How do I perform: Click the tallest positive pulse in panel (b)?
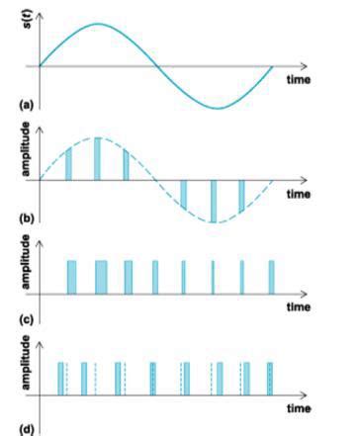(x=98, y=159)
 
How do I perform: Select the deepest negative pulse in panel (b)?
(x=214, y=201)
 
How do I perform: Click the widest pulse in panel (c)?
(x=101, y=277)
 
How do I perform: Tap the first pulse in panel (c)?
(x=71, y=277)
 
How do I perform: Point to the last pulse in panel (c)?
(x=272, y=277)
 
